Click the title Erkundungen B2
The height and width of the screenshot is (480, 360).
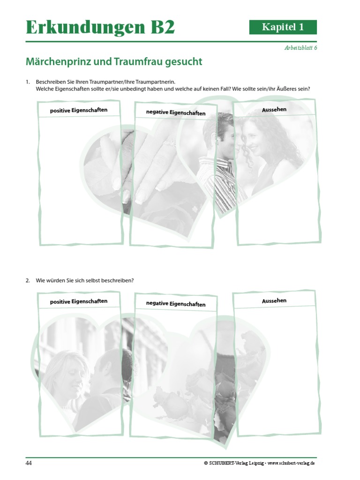(x=100, y=28)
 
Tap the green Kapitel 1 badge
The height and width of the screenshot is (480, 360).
(x=283, y=27)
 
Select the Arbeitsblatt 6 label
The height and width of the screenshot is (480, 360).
(x=300, y=48)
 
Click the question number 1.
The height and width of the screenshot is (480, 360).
(x=27, y=82)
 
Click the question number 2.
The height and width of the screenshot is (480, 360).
(x=27, y=280)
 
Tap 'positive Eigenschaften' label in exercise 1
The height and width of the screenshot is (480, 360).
(x=79, y=111)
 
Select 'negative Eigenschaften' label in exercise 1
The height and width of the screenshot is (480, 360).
(x=176, y=112)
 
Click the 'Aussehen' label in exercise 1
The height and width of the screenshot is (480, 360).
(x=274, y=110)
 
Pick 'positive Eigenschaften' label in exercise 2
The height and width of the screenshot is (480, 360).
(x=79, y=301)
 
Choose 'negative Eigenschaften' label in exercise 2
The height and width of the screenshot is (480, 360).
(x=176, y=304)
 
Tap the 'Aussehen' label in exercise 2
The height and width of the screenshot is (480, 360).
(x=274, y=300)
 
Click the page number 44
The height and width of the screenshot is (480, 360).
(x=29, y=463)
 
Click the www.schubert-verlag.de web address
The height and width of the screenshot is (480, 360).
(x=291, y=463)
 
